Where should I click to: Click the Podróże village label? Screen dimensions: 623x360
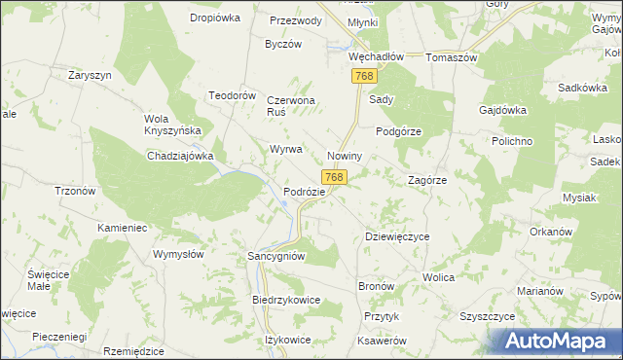pos(303,193)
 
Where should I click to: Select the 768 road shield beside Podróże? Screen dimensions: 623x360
pos(334,177)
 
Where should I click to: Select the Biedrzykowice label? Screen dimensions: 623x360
pos(286,301)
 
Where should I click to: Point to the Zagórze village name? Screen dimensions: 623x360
pos(426,180)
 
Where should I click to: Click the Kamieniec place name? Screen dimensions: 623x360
pos(121,227)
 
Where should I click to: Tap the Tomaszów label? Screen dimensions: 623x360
pos(451,56)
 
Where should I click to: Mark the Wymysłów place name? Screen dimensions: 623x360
pos(178,254)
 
